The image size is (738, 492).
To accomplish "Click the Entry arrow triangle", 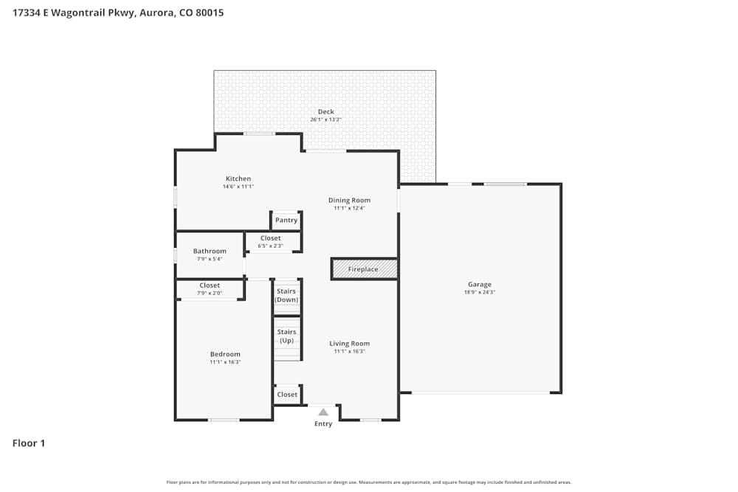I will pos(323,412).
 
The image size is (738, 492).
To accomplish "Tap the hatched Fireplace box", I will pos(364,269).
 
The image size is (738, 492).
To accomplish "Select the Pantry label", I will pos(286,220).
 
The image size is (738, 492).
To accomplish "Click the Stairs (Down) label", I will pos(286,296).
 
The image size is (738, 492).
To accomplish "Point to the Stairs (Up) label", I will pos(286,336).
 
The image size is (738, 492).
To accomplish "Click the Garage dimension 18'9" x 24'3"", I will pos(480,292).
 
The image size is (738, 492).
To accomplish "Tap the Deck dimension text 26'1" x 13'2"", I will pos(325,119).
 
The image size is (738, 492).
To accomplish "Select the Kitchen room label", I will pos(238,179).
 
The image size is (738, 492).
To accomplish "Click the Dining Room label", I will pos(349,200).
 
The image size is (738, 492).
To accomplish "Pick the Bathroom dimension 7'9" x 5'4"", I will pos(210,259).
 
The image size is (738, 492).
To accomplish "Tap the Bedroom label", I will pos(225,354).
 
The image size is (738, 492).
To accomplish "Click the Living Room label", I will pos(349,343).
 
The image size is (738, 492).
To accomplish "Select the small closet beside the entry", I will pos(287,395).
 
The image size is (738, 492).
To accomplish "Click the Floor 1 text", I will pos(29,443).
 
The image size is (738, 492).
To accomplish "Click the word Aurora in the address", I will pos(154,13).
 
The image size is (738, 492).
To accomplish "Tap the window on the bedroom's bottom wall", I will pos(224,420).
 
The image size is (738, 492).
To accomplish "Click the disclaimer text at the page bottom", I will pos(369,482).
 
